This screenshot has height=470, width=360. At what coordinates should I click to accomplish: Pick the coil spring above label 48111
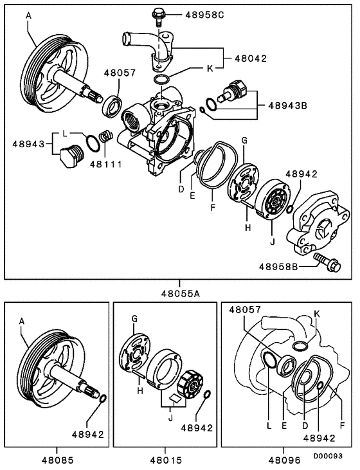[108, 137]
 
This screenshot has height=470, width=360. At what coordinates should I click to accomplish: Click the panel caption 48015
[165, 460]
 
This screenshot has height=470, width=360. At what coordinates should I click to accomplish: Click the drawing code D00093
[334, 455]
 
